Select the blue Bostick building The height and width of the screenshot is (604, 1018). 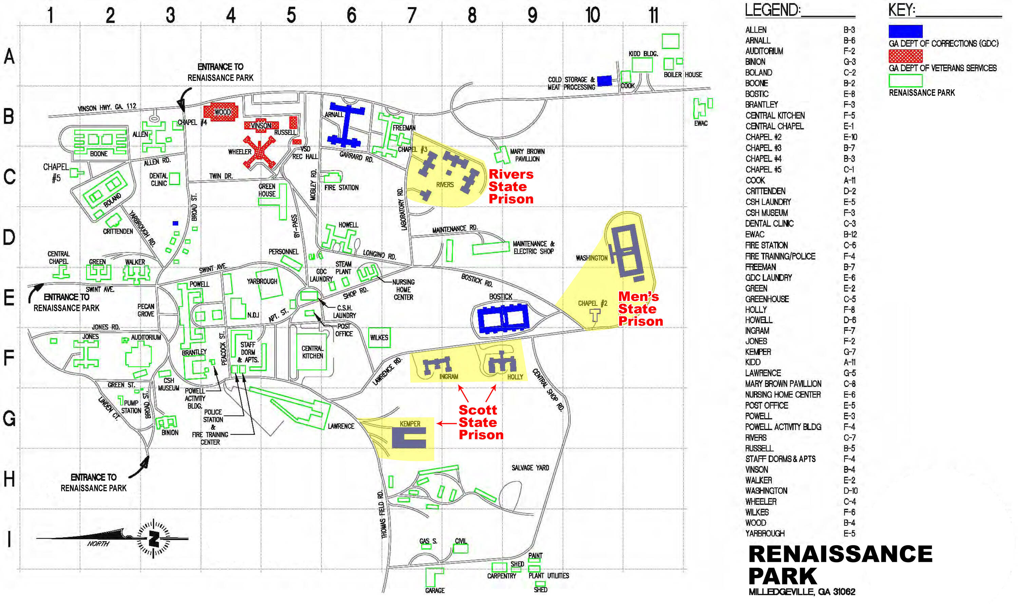click(503, 318)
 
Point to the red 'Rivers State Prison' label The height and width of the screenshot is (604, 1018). click(511, 186)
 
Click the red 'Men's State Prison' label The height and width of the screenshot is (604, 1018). click(640, 309)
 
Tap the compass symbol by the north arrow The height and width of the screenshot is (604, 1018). click(153, 539)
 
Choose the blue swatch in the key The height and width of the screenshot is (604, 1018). click(905, 31)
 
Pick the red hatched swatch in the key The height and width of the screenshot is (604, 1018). click(905, 56)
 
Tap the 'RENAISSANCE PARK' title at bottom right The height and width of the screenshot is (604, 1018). click(840, 565)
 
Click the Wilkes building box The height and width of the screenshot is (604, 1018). click(379, 338)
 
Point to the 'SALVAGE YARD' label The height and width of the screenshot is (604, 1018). click(530, 468)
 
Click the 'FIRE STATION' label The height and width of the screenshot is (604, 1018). click(341, 188)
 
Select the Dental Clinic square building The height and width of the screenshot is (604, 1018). click(174, 179)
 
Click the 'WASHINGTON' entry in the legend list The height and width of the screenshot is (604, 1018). click(766, 491)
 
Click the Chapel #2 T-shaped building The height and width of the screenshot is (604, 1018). click(595, 316)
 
